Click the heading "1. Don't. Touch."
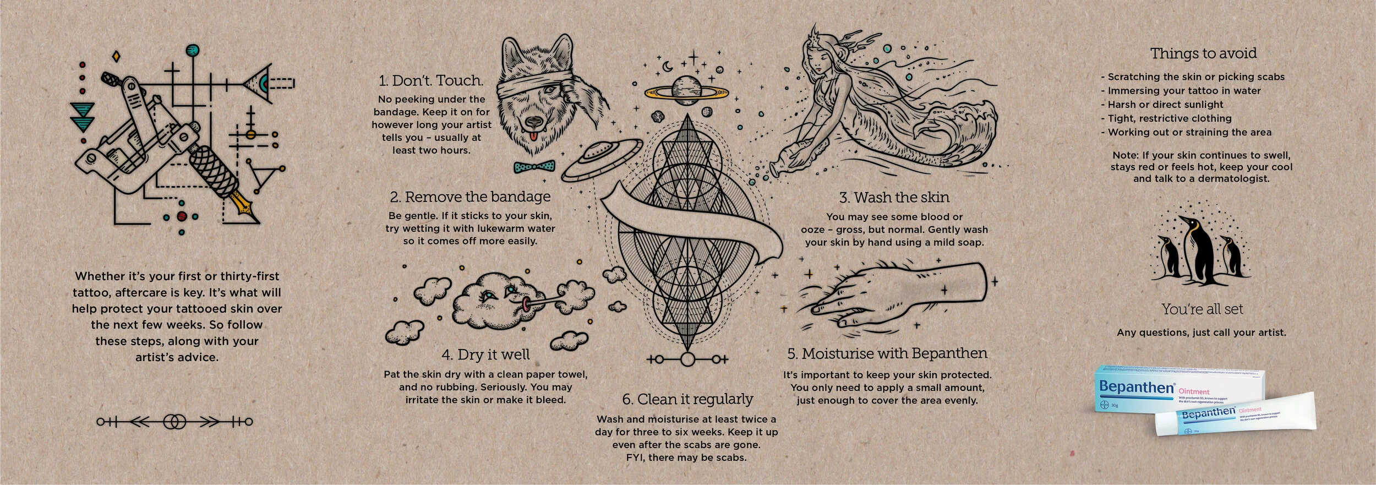point(431,80)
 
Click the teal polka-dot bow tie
point(534,166)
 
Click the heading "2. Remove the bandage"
point(470,197)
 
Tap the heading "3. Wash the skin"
point(894,197)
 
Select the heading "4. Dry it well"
point(485,355)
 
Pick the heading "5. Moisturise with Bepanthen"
point(887,353)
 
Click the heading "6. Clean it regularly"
point(687,399)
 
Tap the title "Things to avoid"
point(1203,53)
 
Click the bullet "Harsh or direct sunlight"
point(1165,105)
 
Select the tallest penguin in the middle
point(1198,248)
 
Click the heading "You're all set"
point(1202,309)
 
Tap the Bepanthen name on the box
point(1136,387)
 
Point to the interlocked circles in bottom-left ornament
point(175,422)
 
